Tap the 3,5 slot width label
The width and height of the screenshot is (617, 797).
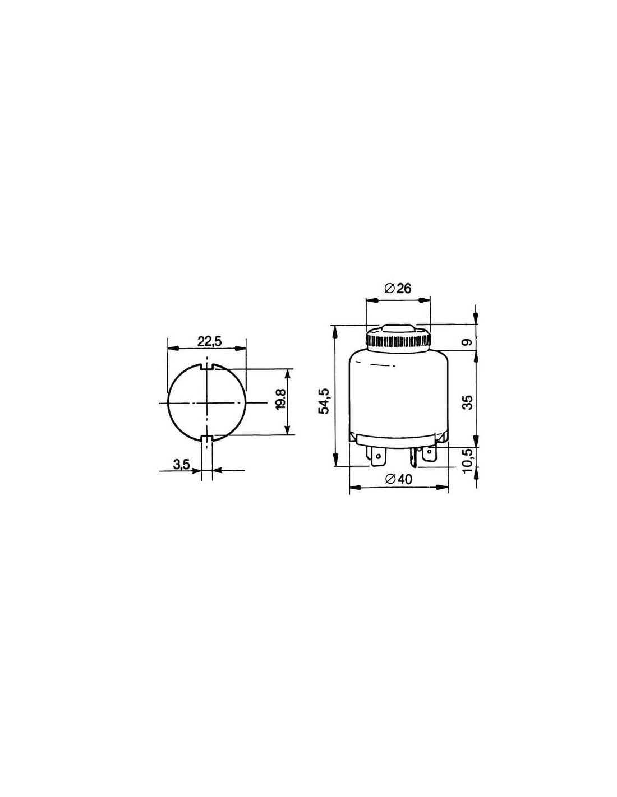(181, 465)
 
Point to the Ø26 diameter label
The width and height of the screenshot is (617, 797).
(398, 289)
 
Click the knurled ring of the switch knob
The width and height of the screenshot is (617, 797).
(398, 341)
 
